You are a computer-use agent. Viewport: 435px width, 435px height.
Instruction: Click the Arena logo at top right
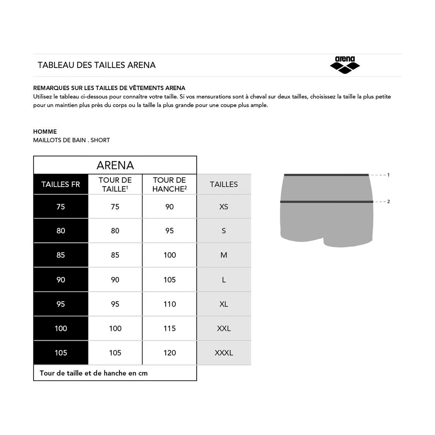(x=345, y=65)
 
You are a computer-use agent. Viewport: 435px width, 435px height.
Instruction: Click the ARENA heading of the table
(x=115, y=165)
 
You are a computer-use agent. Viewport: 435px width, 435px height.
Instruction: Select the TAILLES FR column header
(x=61, y=184)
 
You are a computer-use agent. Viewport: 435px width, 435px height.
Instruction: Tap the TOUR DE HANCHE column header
(x=169, y=184)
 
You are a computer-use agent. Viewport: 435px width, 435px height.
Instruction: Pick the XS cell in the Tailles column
(x=224, y=207)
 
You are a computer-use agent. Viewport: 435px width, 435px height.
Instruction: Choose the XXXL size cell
(x=224, y=353)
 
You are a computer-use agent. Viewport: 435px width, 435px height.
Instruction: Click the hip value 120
(x=169, y=353)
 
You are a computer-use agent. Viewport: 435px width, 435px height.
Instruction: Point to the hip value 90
(x=169, y=207)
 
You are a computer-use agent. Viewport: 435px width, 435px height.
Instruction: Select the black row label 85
(x=61, y=255)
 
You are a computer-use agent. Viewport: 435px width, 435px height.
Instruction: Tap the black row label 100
(x=61, y=328)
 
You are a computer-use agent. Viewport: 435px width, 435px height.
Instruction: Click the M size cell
(x=224, y=255)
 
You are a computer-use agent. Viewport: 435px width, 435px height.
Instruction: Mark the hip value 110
(x=169, y=304)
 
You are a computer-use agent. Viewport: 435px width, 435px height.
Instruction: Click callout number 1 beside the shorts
(x=388, y=175)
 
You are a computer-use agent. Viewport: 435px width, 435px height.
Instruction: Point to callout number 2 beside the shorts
(x=388, y=201)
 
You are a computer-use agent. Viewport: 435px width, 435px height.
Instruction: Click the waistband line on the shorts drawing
(x=326, y=175)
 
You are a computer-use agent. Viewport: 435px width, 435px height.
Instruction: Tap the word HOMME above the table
(x=45, y=132)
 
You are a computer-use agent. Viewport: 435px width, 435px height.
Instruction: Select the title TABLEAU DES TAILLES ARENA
(x=96, y=65)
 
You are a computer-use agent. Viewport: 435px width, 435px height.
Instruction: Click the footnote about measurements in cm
(x=93, y=373)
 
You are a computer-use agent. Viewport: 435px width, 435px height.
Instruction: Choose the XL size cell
(x=224, y=304)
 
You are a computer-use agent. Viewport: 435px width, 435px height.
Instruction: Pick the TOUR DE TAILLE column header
(x=115, y=184)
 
